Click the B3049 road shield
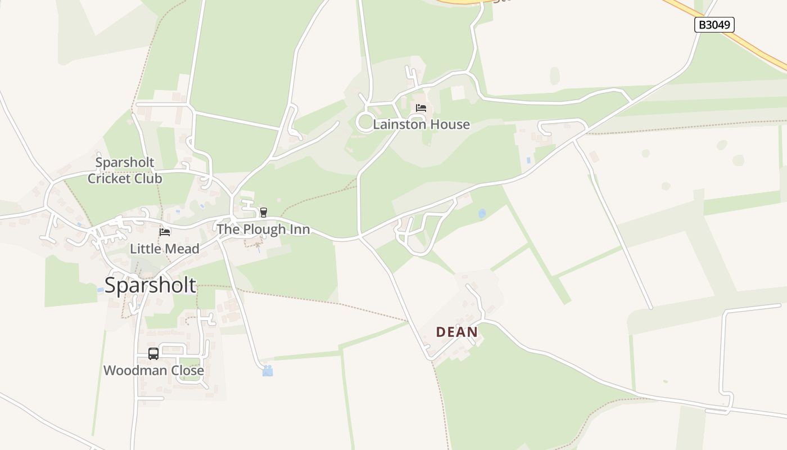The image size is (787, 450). (714, 25)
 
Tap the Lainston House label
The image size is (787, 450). (421, 124)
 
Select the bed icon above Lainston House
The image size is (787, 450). (421, 108)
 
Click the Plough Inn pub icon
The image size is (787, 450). (263, 212)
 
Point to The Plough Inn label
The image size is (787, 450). (263, 229)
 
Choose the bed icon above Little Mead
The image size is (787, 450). (165, 232)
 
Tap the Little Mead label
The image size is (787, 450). (165, 249)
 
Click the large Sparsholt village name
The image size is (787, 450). (150, 285)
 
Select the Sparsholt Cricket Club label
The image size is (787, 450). (125, 170)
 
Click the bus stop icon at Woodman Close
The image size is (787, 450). (153, 353)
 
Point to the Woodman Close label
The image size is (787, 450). (153, 371)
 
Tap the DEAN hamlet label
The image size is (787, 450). (457, 332)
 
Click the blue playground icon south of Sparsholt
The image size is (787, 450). (268, 371)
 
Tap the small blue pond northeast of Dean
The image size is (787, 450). (482, 214)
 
